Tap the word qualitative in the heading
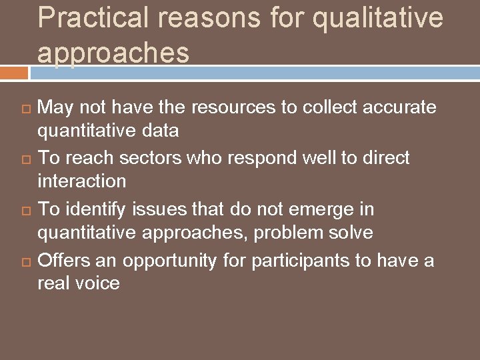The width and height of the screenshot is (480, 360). coord(377,18)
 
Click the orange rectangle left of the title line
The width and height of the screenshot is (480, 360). coord(14,72)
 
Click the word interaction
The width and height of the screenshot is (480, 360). coord(81,181)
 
